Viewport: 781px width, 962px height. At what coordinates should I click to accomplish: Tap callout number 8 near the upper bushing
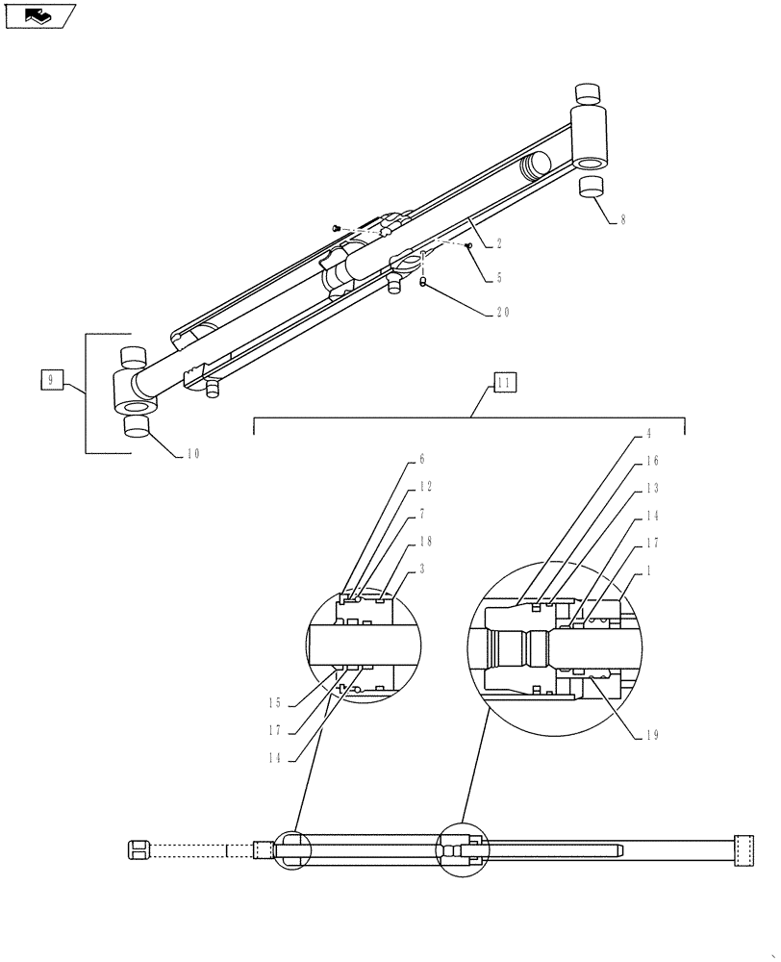pos(622,219)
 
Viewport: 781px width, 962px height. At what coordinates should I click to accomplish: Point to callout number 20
pos(503,312)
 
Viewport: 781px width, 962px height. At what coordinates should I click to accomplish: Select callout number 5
pos(498,278)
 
